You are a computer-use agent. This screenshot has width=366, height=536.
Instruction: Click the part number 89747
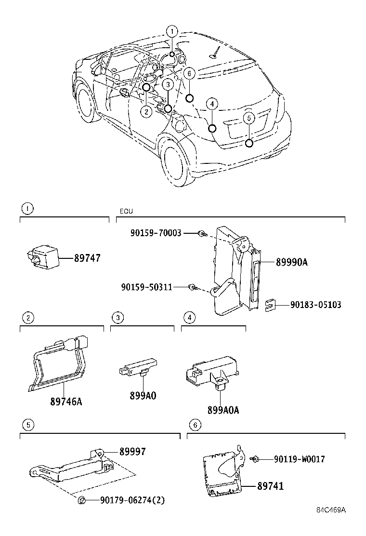pos(87,258)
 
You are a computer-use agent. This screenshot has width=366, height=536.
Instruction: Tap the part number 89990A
pos(291,262)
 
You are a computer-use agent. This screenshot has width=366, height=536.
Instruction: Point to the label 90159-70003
pos(156,233)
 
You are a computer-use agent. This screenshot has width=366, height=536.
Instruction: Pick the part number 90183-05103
pos(315,305)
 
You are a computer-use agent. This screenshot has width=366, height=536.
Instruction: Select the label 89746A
pos(65,401)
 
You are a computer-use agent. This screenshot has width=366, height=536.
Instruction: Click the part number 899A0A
pos(223,410)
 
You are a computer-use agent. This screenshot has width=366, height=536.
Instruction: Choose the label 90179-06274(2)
pos(132,500)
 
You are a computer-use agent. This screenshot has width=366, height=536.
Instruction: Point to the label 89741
pos(270,486)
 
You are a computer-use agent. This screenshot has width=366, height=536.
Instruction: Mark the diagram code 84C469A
pos(331,510)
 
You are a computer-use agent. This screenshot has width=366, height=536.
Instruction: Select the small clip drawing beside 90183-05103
pos(270,305)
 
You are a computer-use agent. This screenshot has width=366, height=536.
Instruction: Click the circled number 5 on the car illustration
pos(248,118)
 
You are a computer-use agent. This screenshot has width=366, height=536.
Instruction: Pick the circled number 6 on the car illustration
pos(189,73)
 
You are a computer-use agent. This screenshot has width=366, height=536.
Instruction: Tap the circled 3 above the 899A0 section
pos(118,317)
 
